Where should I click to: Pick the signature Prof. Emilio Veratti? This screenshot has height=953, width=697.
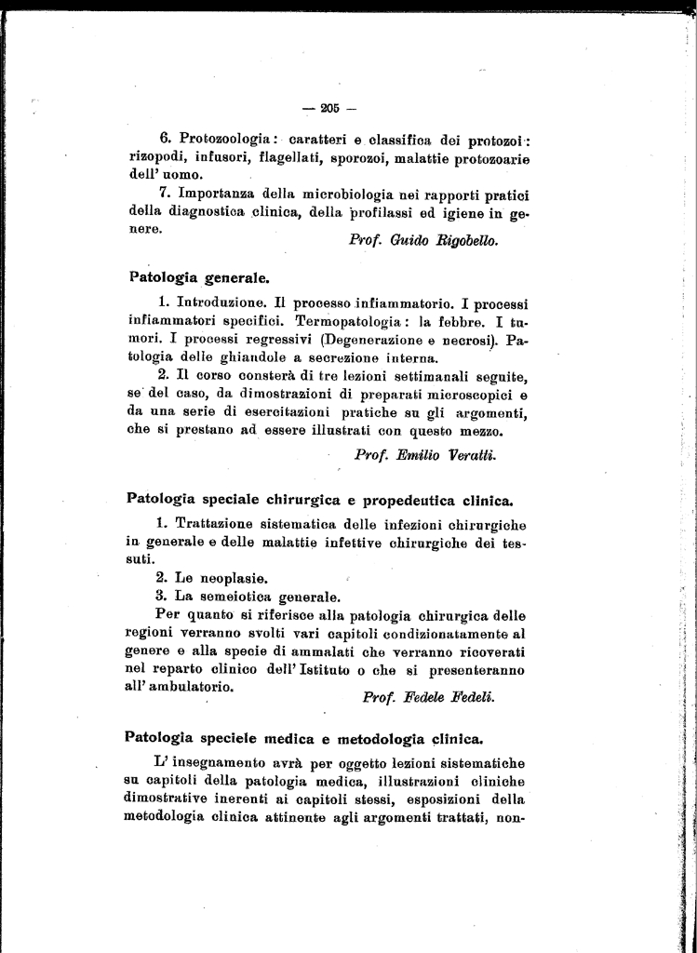(x=425, y=454)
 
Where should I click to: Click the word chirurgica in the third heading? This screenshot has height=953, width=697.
(x=328, y=500)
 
